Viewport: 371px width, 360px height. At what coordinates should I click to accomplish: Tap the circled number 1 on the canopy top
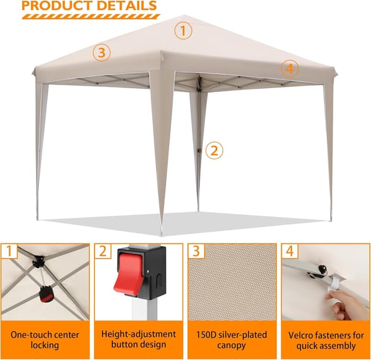pos(183,31)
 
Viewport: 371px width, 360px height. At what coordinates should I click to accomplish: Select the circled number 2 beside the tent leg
pos(214,151)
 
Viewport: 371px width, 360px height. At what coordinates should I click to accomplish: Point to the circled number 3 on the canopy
pos(101,53)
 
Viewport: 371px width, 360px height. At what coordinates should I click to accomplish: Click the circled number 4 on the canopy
pos(290,68)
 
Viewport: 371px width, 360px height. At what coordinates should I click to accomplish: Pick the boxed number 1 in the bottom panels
pos(9,252)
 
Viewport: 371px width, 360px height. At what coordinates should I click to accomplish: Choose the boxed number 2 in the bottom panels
pos(103,252)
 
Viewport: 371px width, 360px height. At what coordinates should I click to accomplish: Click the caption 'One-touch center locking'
pos(45,340)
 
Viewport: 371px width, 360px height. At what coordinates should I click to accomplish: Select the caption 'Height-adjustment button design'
pos(139,340)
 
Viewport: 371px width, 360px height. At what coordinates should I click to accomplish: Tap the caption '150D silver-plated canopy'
pos(232,340)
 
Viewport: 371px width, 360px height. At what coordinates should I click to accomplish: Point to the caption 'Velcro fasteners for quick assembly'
pos(326,340)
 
